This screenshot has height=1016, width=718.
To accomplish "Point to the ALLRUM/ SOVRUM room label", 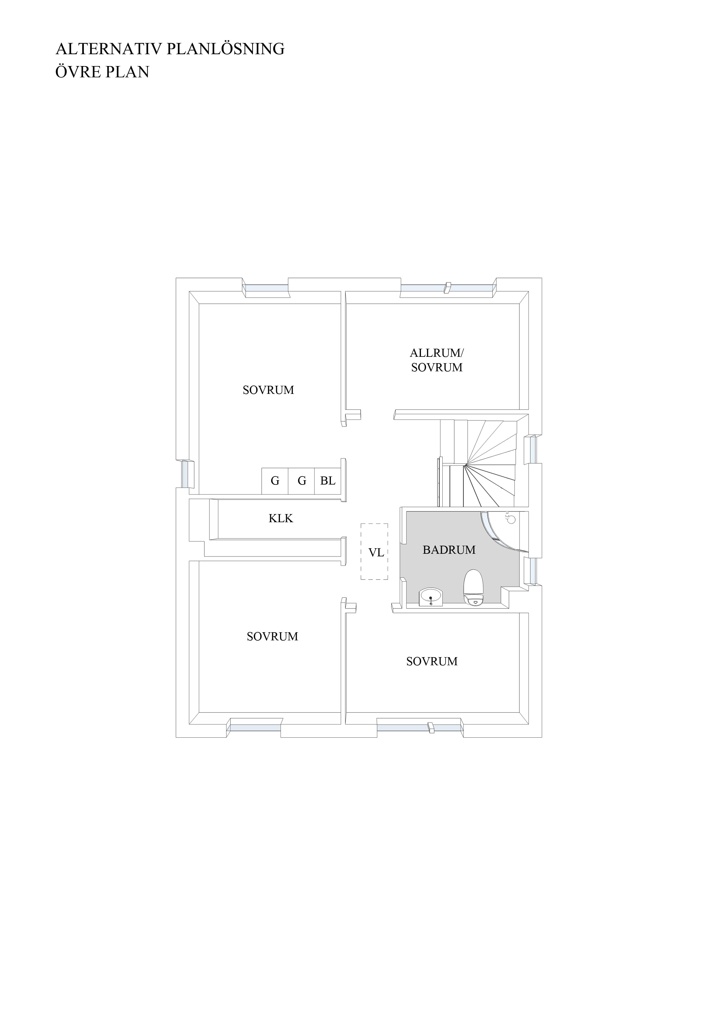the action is [x=437, y=360].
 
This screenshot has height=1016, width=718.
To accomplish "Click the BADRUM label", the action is [x=449, y=550].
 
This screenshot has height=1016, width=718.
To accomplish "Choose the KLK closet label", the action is [x=281, y=518].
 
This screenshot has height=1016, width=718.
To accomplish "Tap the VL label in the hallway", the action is [x=376, y=552].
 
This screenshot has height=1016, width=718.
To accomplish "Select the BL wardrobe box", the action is [x=328, y=481].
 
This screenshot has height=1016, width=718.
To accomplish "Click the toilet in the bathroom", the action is [x=473, y=587].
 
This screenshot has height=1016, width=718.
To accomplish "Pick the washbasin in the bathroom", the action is [x=431, y=597].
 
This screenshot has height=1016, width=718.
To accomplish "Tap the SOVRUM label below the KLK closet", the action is [x=272, y=636].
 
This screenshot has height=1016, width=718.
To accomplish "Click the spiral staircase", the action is [x=478, y=463].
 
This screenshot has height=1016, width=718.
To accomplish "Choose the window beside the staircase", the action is [x=530, y=449].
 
